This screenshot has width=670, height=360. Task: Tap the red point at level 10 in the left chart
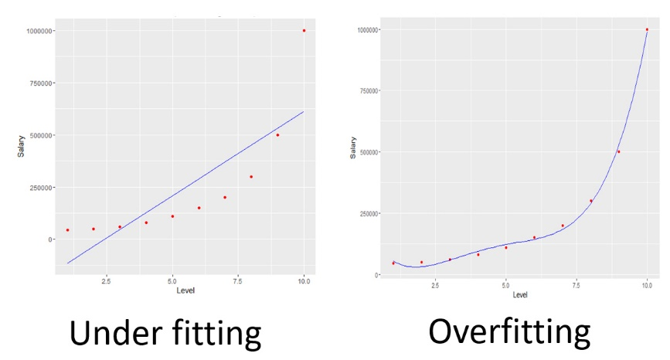coord(304,31)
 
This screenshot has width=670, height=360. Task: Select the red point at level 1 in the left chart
coord(67,229)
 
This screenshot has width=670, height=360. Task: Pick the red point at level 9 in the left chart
coord(277,135)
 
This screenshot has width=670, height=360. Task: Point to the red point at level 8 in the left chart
coord(251,177)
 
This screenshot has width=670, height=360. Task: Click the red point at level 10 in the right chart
coord(647,29)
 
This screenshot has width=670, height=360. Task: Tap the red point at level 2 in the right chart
coord(421,263)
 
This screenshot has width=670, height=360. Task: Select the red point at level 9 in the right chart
coord(618,151)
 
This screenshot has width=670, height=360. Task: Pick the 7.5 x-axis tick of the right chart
coord(576,286)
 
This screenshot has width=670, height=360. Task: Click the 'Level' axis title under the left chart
coord(185,290)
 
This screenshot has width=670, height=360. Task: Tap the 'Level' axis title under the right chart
coord(520,295)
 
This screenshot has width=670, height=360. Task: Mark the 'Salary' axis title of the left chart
coord(22,146)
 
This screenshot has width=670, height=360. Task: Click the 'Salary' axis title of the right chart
coord(352,148)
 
